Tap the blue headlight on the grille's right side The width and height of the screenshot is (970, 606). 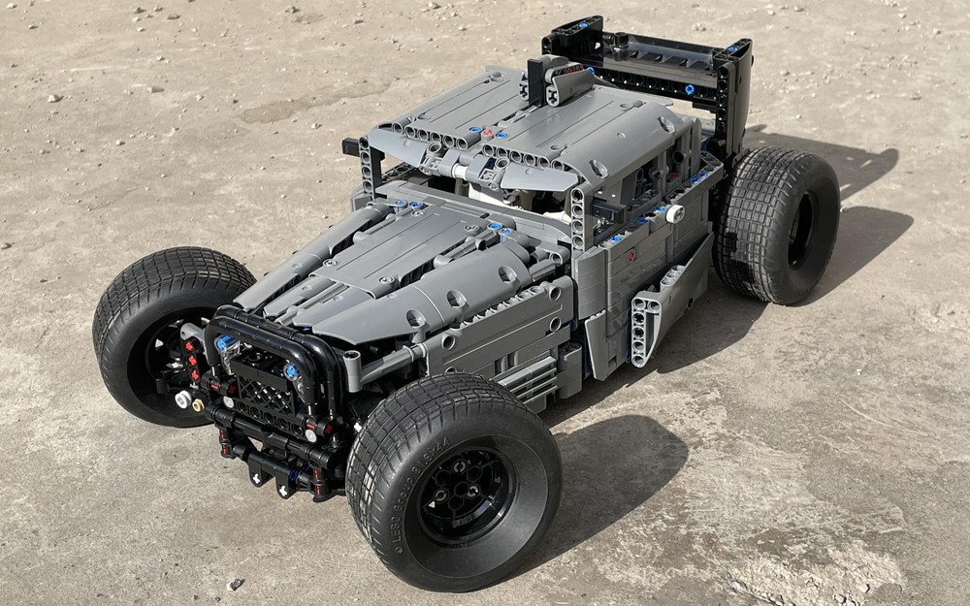(291, 371)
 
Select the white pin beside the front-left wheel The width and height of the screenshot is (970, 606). (181, 398)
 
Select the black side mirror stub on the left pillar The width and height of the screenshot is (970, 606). (350, 146)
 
